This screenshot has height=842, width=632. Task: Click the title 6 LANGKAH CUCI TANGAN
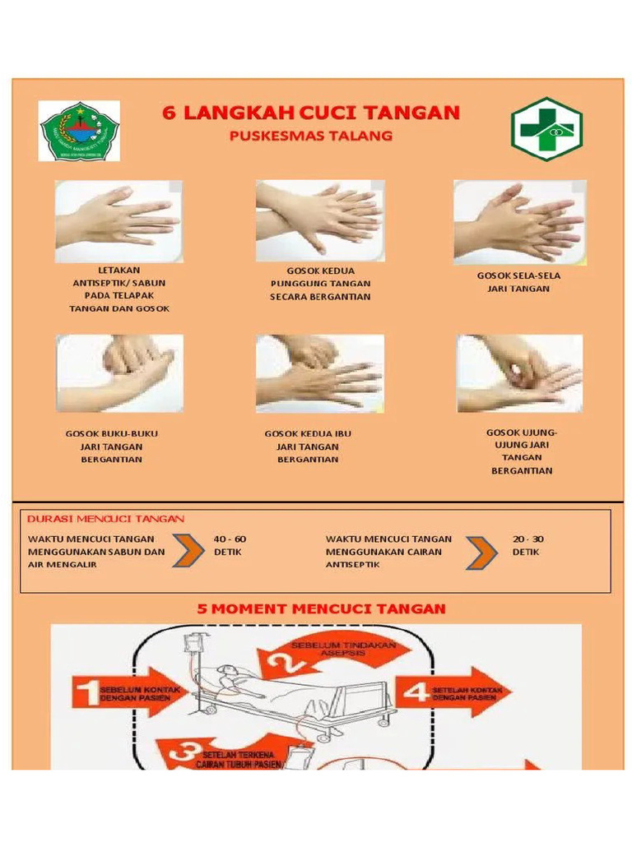(x=310, y=113)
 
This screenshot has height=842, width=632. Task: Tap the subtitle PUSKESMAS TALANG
(x=310, y=136)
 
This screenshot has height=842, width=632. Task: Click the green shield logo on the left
(x=80, y=131)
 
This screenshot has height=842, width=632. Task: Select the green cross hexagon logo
(x=546, y=129)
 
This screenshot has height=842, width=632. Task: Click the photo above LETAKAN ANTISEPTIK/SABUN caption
(x=118, y=220)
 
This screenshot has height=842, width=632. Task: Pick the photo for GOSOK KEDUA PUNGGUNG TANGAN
(x=319, y=218)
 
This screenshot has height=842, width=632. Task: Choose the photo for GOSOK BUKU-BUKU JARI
(x=119, y=372)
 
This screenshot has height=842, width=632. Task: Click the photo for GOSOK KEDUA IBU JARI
(x=319, y=372)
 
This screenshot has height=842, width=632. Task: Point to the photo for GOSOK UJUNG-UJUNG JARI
(x=520, y=372)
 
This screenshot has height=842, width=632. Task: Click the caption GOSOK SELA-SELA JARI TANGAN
(x=518, y=282)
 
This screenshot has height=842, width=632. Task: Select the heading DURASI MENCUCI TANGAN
(x=106, y=519)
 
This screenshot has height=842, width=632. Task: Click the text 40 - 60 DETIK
(x=230, y=545)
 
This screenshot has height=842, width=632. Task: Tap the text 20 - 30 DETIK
(x=527, y=545)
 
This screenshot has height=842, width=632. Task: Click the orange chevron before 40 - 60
(x=188, y=552)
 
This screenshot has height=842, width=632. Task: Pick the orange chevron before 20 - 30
(x=481, y=553)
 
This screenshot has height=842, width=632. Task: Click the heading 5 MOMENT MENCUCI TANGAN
(x=321, y=609)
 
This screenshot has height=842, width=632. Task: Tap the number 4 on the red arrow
(x=416, y=692)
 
